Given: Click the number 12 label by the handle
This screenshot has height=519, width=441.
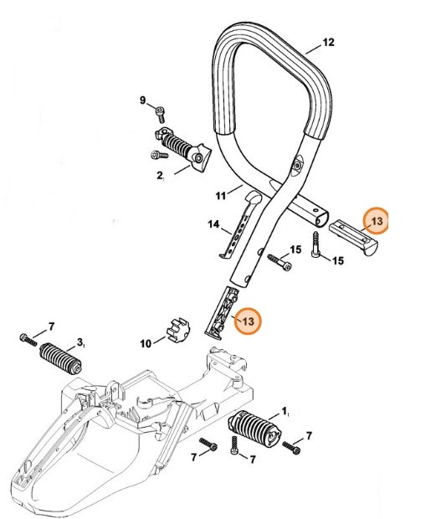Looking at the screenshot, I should (x=328, y=43).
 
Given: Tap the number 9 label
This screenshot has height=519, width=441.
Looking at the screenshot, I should (x=143, y=100).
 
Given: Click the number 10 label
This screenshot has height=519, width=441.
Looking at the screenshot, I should (x=146, y=342).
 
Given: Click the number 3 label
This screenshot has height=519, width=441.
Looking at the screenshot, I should (x=80, y=342).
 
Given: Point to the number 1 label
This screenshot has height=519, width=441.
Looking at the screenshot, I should (x=285, y=410).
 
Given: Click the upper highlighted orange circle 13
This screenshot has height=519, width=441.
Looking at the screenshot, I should (x=377, y=221).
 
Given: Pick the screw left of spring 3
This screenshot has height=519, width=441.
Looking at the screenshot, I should (x=27, y=338).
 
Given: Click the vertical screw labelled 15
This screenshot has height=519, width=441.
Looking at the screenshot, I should (x=318, y=246).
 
